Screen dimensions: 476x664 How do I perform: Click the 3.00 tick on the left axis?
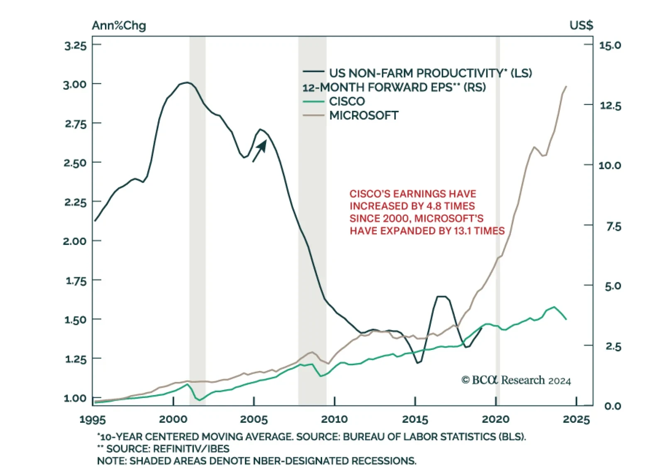(x=75, y=84)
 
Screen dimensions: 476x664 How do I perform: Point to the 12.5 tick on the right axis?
(x=610, y=105)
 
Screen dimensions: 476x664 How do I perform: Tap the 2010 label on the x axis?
(x=334, y=419)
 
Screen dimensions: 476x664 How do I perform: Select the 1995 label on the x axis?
(x=93, y=419)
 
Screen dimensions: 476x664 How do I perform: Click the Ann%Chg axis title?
(x=119, y=26)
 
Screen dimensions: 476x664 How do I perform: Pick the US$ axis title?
(x=581, y=26)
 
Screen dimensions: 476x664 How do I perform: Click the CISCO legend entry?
(x=347, y=101)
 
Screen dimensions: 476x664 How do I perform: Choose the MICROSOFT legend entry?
(x=364, y=115)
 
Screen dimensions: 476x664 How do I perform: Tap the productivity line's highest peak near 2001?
(x=188, y=83)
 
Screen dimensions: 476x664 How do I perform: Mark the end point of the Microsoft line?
(x=566, y=86)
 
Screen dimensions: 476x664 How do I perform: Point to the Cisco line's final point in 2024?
(x=566, y=319)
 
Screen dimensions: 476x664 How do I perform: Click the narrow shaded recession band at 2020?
(x=498, y=207)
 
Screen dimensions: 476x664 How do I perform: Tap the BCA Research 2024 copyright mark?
(x=516, y=380)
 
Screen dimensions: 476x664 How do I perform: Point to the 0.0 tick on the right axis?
(x=613, y=406)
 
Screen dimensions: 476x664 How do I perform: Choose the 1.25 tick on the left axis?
(x=75, y=359)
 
